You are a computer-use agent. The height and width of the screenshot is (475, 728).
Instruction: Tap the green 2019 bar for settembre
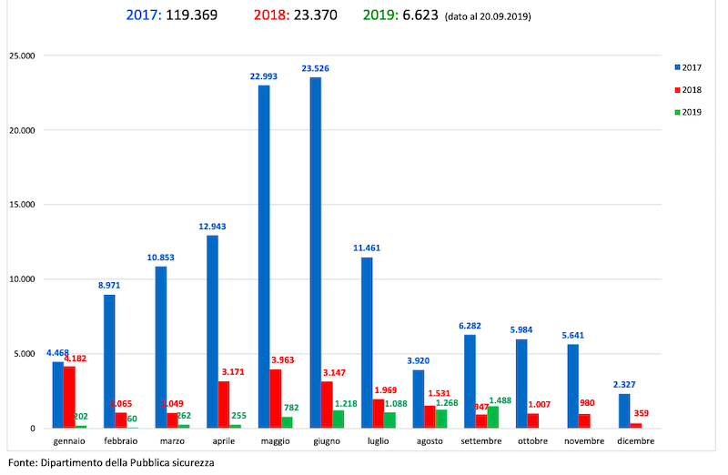493,417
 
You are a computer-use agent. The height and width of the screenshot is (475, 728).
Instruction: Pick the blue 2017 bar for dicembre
624,410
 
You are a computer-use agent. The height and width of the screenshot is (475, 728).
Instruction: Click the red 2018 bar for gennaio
69,397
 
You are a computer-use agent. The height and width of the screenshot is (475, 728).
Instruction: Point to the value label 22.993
264,76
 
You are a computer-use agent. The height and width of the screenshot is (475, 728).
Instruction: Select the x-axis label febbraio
120,441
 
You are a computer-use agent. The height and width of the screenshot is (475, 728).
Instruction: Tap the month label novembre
584,441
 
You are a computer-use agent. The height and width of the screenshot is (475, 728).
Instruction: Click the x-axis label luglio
379,441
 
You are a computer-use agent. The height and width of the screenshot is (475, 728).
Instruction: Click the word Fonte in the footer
23,462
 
